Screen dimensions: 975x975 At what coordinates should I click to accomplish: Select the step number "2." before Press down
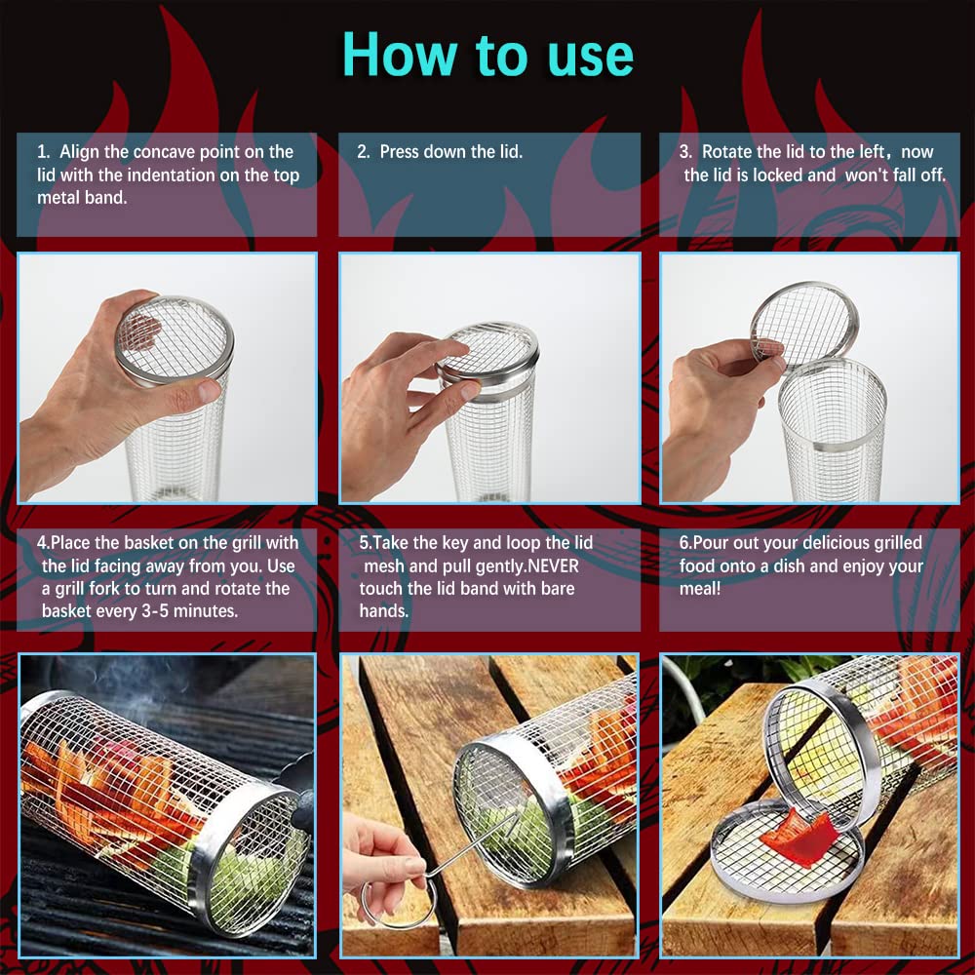(x=363, y=152)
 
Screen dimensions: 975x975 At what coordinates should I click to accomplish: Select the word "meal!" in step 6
(x=699, y=588)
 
